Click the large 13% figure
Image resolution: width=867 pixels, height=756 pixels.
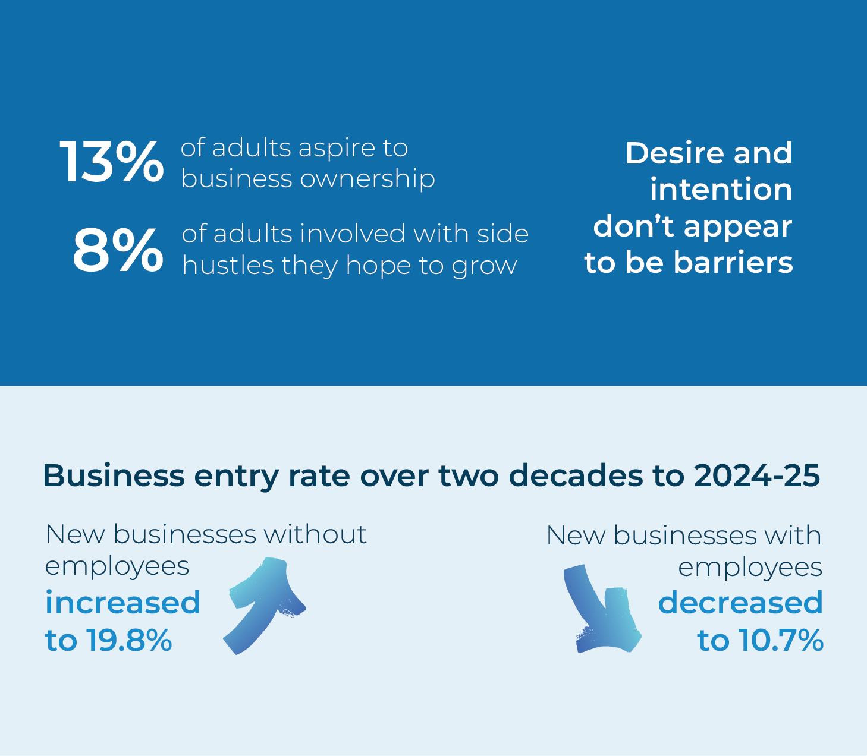click(x=112, y=162)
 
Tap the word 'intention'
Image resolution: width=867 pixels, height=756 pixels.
click(x=721, y=190)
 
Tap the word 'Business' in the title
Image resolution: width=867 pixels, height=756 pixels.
click(x=114, y=475)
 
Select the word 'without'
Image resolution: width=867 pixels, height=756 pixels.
click(x=315, y=534)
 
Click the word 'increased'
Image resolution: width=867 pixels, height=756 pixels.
click(x=123, y=603)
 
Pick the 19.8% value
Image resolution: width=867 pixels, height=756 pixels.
click(x=129, y=640)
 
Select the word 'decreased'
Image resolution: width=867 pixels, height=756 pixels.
click(x=740, y=603)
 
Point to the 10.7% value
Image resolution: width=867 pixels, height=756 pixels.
click(x=780, y=640)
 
